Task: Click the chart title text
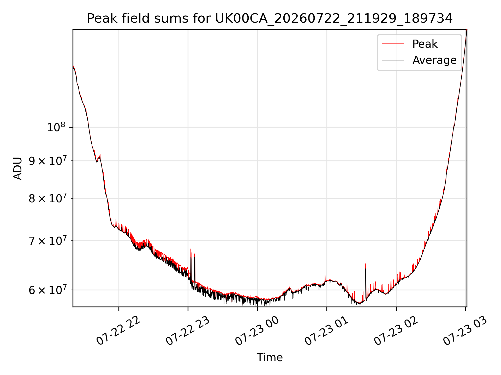(270, 18)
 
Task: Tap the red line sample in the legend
(393, 44)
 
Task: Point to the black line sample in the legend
(393, 60)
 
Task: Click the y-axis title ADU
(18, 168)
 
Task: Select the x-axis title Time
(270, 357)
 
